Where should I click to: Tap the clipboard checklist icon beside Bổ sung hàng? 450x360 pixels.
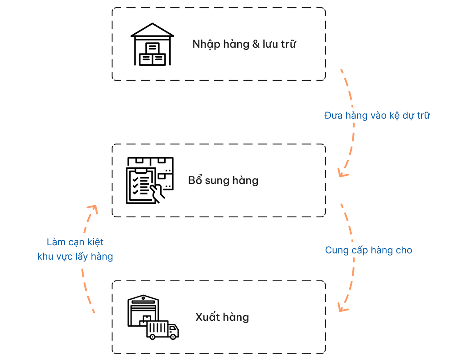141,185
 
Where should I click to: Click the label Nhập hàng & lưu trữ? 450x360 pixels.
244,44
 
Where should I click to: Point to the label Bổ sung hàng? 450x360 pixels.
223,180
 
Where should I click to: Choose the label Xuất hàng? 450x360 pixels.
222,317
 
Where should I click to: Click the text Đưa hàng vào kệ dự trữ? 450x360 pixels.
377,116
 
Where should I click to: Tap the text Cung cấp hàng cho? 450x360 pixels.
369,250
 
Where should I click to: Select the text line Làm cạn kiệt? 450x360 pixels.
75,242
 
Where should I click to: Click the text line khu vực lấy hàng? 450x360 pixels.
75,256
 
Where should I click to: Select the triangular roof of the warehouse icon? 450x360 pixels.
152,30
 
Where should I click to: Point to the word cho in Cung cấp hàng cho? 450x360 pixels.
404,250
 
